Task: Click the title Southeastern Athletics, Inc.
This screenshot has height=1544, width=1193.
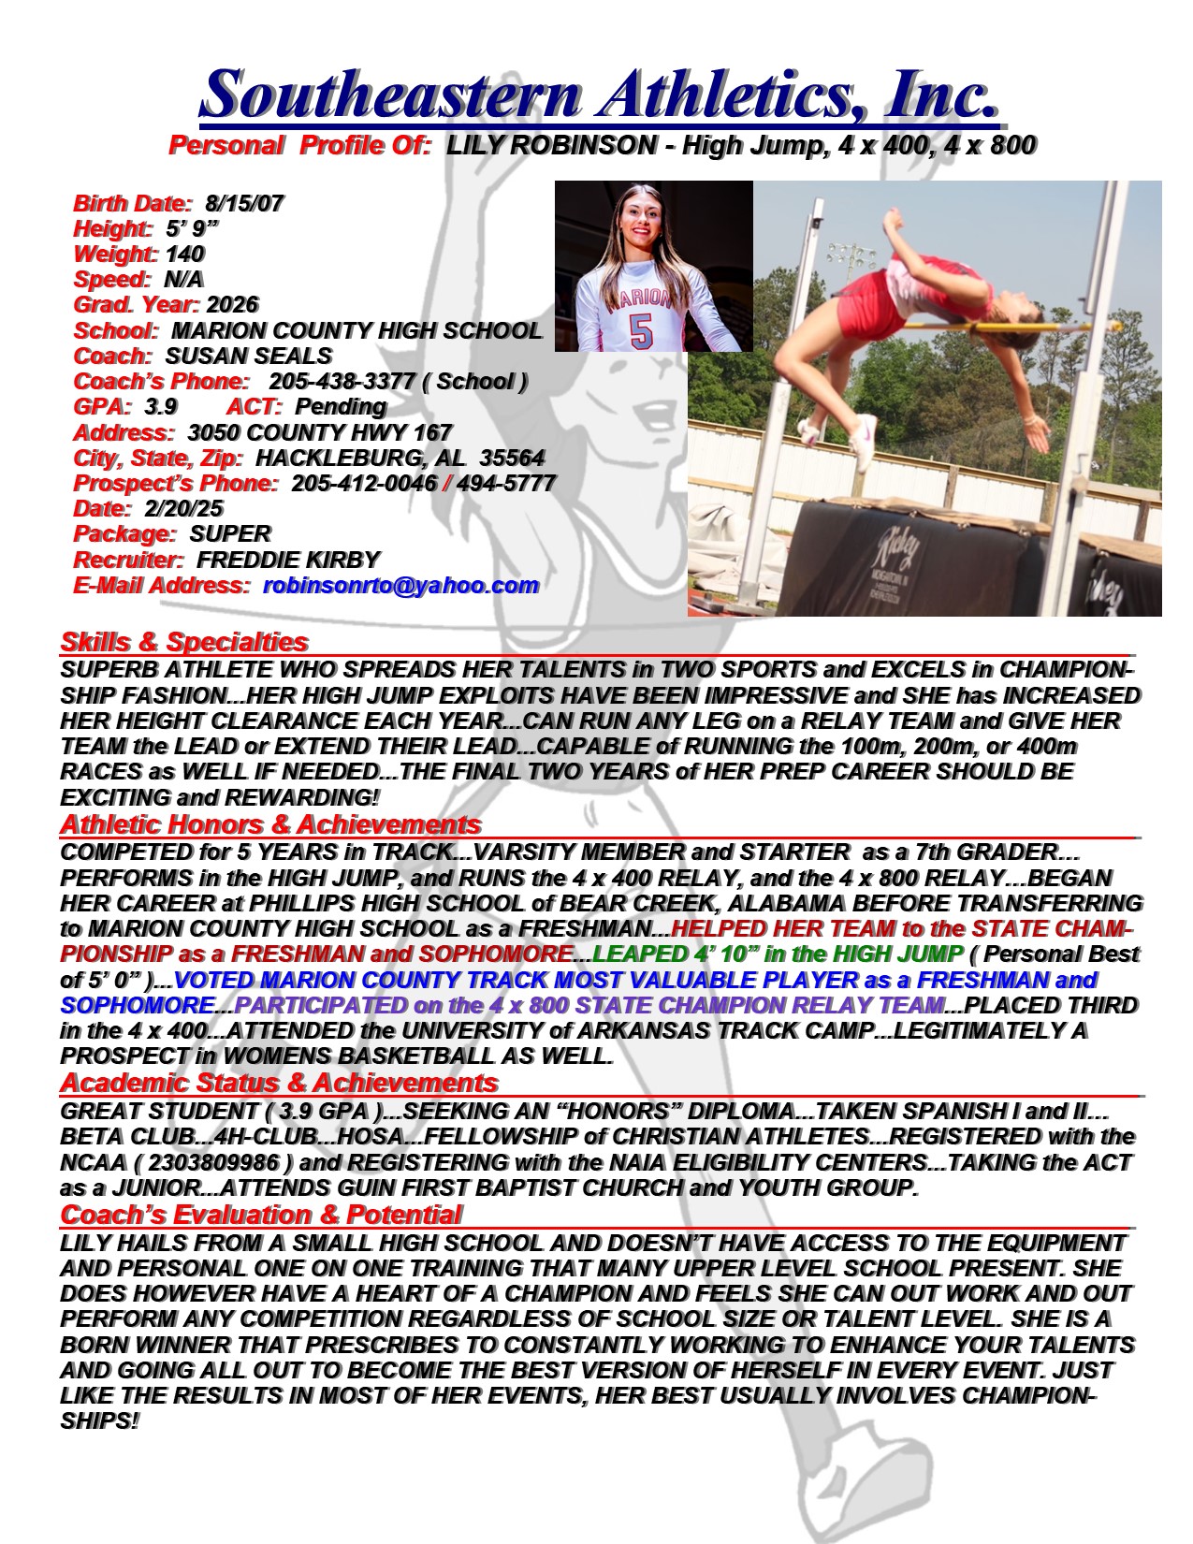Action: click(599, 94)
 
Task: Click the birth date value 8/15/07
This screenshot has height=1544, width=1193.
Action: click(244, 202)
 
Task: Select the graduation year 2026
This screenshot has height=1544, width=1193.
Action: click(232, 304)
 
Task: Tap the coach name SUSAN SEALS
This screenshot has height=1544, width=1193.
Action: click(248, 356)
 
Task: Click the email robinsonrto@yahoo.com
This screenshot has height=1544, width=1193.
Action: click(400, 585)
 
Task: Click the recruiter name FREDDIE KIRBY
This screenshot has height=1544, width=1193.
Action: click(287, 560)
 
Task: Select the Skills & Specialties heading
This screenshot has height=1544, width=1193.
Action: click(184, 642)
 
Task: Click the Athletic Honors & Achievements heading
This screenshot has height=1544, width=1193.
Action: click(270, 824)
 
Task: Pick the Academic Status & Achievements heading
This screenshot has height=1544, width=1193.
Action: click(279, 1083)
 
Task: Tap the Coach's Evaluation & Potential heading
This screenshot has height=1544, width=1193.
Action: click(261, 1215)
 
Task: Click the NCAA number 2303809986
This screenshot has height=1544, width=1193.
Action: click(213, 1162)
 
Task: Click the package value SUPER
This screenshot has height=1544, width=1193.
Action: click(229, 533)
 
